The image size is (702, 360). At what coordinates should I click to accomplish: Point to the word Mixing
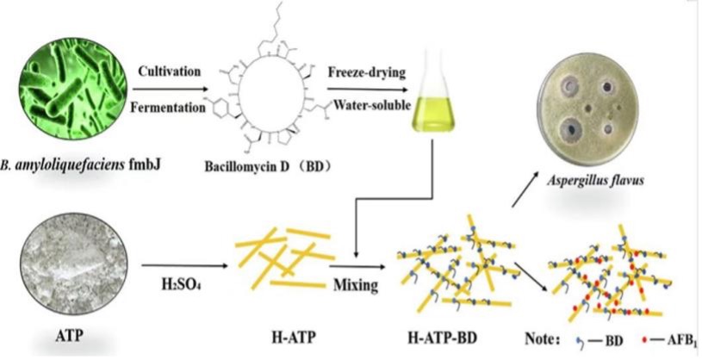(356, 283)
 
